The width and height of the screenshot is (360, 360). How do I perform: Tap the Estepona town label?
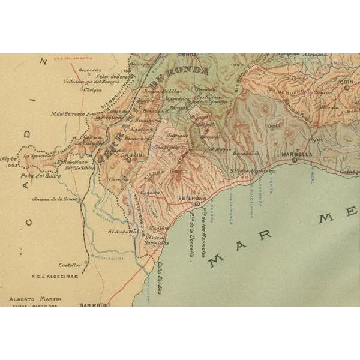click(193, 197)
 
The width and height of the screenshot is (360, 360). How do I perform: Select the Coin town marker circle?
click(346, 87)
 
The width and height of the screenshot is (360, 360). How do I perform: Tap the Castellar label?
click(70, 264)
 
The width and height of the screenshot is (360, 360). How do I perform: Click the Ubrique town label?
click(92, 89)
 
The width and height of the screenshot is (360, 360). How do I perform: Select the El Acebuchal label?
click(124, 230)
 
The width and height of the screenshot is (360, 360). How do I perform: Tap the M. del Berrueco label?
click(68, 113)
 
